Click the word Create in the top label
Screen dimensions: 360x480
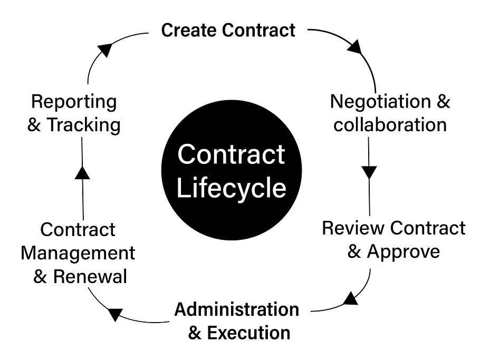(x=189, y=30)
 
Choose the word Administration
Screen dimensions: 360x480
(x=237, y=309)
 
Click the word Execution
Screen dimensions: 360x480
(x=248, y=333)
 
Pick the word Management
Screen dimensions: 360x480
(x=78, y=254)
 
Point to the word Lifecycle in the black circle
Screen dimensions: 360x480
(x=232, y=189)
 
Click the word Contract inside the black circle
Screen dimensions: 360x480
(x=232, y=155)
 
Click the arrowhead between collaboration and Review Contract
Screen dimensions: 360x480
(x=369, y=172)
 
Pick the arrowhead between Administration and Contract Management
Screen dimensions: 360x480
(x=115, y=315)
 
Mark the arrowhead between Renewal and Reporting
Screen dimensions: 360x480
(x=83, y=172)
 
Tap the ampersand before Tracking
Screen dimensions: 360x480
(x=35, y=125)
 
